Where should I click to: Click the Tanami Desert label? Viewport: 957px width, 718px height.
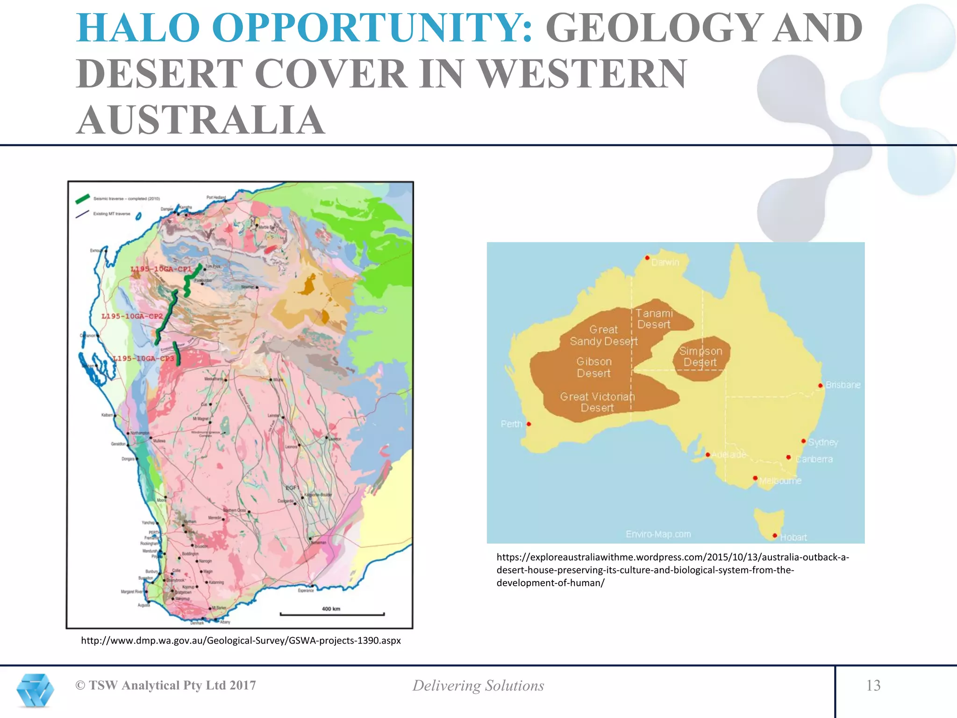pyautogui.click(x=654, y=319)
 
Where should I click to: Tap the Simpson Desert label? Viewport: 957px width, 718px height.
pyautogui.click(x=700, y=357)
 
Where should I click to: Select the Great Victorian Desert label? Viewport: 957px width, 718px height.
pyautogui.click(x=597, y=402)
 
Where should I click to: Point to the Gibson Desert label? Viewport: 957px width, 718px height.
pyautogui.click(x=593, y=367)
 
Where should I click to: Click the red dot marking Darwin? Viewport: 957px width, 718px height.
pyautogui.click(x=647, y=258)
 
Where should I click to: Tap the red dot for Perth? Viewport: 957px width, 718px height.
pyautogui.click(x=528, y=424)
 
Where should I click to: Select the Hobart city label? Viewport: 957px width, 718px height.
pyautogui.click(x=793, y=538)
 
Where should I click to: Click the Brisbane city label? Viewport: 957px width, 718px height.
pyautogui.click(x=843, y=385)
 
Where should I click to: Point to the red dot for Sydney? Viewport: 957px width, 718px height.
pyautogui.click(x=803, y=441)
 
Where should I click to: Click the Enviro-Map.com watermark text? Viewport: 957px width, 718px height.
pyautogui.click(x=658, y=534)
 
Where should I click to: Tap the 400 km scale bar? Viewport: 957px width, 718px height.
pyautogui.click(x=332, y=613)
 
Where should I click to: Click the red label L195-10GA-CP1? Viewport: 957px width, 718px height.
pyautogui.click(x=161, y=269)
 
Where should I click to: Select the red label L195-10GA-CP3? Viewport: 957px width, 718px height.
pyautogui.click(x=143, y=359)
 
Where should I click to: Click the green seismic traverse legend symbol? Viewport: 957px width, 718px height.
pyautogui.click(x=83, y=199)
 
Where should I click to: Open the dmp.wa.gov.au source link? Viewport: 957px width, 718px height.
pyautogui.click(x=241, y=640)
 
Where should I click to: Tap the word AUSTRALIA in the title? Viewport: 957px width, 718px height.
pyautogui.click(x=200, y=120)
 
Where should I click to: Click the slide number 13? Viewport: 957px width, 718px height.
pyautogui.click(x=873, y=685)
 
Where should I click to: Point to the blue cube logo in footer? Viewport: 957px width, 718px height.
pyautogui.click(x=35, y=690)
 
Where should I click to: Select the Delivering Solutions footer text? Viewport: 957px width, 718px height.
pyautogui.click(x=478, y=686)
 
